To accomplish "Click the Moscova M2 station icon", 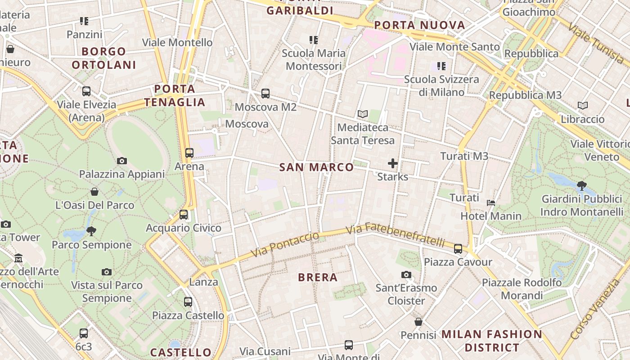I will (265, 94).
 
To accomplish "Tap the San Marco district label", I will (316, 167).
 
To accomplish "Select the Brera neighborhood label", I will (318, 277).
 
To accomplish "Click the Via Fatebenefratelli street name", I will (396, 235).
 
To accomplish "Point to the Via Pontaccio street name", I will (285, 244).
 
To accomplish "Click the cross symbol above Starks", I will (393, 163).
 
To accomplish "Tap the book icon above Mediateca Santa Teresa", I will (363, 114).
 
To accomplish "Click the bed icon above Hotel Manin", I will (491, 202).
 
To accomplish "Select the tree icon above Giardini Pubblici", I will (582, 185).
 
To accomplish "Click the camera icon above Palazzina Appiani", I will (121, 161).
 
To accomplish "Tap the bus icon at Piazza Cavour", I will (458, 248).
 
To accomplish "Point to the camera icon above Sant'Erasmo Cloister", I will (406, 274).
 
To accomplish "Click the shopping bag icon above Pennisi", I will (418, 322).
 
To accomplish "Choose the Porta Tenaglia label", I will (175, 95).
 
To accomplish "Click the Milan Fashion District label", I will (492, 341).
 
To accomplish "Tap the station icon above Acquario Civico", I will (184, 215).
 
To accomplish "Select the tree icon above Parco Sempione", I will (91, 231).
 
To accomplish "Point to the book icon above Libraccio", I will (583, 106).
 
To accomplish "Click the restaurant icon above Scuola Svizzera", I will (441, 66).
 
